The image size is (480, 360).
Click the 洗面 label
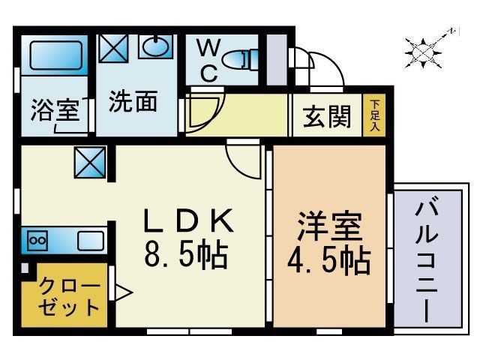133,101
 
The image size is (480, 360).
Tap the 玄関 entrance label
327,116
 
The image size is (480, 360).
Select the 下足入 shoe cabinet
374,116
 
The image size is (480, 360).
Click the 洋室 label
330,225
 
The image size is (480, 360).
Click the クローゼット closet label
68,296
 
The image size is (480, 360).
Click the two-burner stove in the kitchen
37,241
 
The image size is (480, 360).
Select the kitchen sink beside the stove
89,241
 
